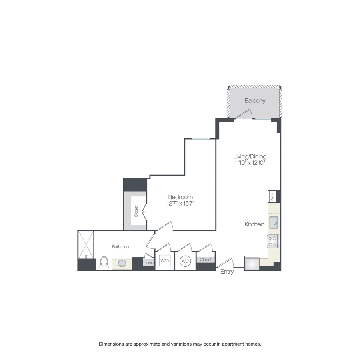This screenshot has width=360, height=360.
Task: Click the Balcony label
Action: click(255, 101)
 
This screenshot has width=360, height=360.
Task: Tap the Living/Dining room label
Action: click(250, 156)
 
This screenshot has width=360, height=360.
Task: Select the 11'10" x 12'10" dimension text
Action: click(250, 163)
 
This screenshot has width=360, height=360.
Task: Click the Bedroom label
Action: click(180, 197)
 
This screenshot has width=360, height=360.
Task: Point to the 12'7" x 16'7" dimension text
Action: click(180, 204)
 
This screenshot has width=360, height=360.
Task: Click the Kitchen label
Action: click(254, 224)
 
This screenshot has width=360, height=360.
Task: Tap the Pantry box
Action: click(272, 196)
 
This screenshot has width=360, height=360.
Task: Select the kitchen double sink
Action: click(274, 222)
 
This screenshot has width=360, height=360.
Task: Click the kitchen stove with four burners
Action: click(273, 241)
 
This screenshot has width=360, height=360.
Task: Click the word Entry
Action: click(227, 272)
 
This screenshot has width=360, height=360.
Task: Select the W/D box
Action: click(165, 261)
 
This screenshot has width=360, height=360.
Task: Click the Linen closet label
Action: click(148, 263)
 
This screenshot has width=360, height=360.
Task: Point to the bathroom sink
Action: click(121, 264)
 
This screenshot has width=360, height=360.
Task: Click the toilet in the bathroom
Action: click(104, 263)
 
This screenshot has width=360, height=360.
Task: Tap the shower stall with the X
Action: click(87, 244)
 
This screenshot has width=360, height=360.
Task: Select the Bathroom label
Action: click(121, 247)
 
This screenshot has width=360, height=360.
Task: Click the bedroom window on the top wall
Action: click(200, 139)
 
